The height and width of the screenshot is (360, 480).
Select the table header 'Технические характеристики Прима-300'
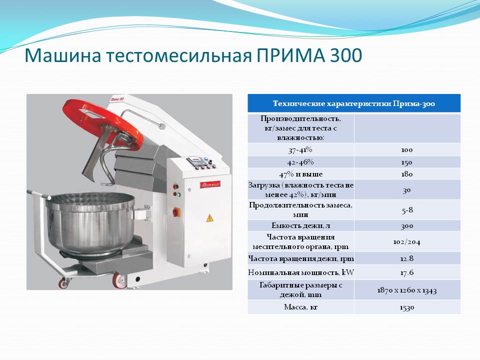(354, 103)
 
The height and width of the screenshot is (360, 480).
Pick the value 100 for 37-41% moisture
(407, 150)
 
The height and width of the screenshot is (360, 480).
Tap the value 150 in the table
(407, 162)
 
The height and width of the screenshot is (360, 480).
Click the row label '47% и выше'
(301, 174)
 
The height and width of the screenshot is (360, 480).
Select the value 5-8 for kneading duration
(407, 210)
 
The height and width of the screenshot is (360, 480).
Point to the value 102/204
(407, 242)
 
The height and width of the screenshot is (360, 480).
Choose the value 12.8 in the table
(407, 258)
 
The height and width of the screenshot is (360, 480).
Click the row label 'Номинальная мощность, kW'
(301, 272)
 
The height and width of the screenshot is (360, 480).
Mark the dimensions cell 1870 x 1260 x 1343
(407, 290)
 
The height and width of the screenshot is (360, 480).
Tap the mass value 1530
(407, 307)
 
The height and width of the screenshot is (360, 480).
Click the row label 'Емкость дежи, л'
(301, 225)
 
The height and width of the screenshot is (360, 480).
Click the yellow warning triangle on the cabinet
(209, 218)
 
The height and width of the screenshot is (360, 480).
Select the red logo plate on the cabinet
(210, 184)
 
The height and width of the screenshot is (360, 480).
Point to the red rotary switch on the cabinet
(176, 211)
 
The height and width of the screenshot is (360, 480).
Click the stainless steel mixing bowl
(90, 222)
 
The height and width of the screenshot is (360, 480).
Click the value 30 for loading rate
(407, 190)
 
